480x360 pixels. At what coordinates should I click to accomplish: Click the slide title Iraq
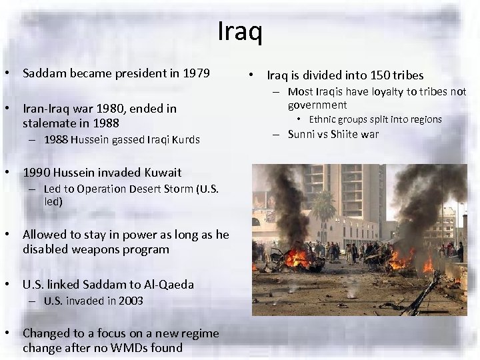pyautogui.click(x=240, y=31)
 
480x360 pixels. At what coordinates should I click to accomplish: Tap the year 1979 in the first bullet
pyautogui.click(x=197, y=72)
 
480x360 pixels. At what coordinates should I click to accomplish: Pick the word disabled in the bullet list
pyautogui.click(x=47, y=249)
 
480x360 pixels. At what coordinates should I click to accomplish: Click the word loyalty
pyautogui.click(x=381, y=92)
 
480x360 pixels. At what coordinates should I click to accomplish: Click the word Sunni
pyautogui.click(x=302, y=134)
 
